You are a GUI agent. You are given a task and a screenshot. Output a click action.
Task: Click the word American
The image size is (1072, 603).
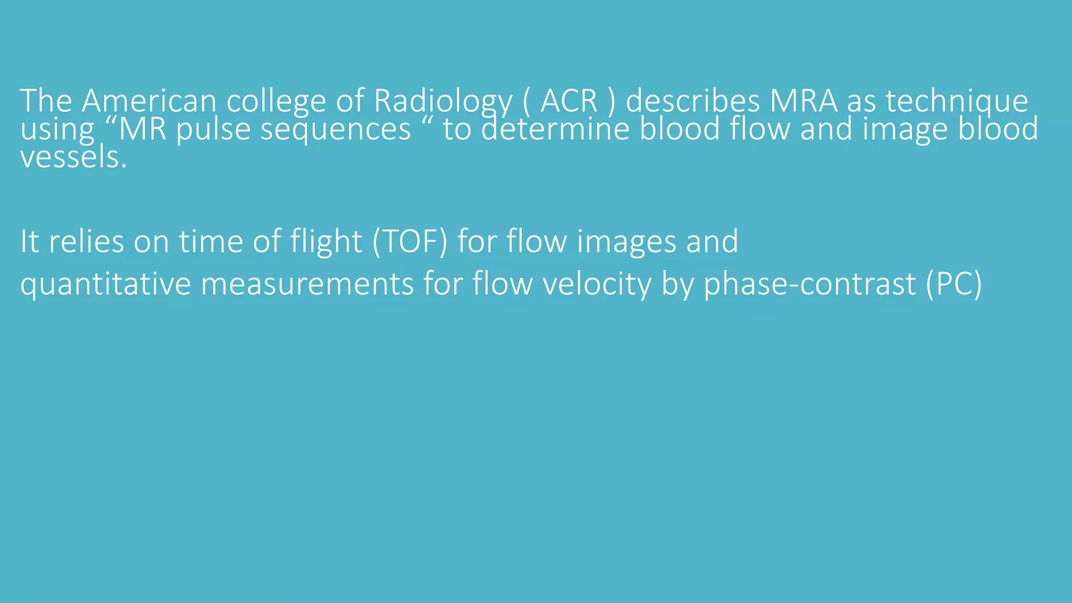(x=149, y=100)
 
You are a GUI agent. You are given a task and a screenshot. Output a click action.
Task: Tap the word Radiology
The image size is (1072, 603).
(x=442, y=102)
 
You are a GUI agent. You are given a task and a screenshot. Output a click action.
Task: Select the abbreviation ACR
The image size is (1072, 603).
(x=569, y=100)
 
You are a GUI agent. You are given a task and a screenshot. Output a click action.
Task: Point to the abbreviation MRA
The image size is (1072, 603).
(x=803, y=100)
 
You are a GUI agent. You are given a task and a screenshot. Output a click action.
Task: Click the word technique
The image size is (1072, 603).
(x=957, y=102)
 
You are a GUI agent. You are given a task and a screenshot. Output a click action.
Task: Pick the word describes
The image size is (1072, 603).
(x=693, y=100)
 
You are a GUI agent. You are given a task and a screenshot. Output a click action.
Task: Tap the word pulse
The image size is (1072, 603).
(x=213, y=130)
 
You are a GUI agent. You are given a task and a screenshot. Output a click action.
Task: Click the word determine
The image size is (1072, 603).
(x=555, y=129)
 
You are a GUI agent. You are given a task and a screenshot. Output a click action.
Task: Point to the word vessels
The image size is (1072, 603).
(x=73, y=157)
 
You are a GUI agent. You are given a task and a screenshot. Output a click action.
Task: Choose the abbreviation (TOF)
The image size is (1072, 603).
(x=410, y=242)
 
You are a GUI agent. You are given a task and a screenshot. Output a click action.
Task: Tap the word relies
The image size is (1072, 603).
(x=86, y=242)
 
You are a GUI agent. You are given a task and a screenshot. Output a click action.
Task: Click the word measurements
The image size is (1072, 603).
(x=307, y=285)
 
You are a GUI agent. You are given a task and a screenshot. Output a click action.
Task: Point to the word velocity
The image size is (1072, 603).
(x=597, y=285)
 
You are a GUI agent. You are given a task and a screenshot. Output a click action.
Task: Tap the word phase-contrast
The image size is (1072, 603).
(x=809, y=285)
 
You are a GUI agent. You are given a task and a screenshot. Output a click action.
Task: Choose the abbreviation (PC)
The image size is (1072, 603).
(x=954, y=285)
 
